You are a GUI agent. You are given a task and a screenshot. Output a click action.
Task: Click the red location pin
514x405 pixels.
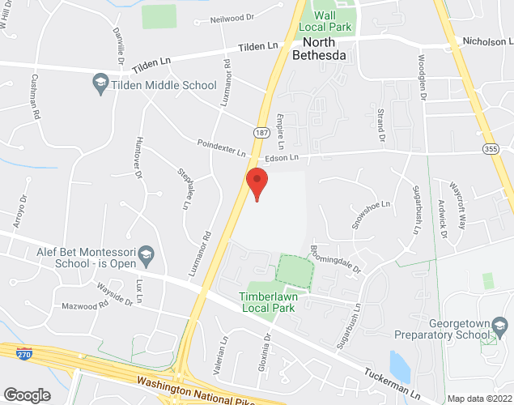coord(257,183)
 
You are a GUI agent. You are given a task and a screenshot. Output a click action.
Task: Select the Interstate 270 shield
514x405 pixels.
coord(23,353)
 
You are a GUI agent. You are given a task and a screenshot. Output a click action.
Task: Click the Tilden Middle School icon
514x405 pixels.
coord(100,84)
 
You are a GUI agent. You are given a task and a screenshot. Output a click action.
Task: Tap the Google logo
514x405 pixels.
coord(26,394)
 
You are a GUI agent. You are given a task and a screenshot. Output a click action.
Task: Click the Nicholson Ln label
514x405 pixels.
coord(488,41)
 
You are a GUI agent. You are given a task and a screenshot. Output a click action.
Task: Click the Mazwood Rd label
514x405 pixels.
coord(86,307)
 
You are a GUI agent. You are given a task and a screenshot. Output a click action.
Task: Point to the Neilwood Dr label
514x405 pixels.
coord(232,17)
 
